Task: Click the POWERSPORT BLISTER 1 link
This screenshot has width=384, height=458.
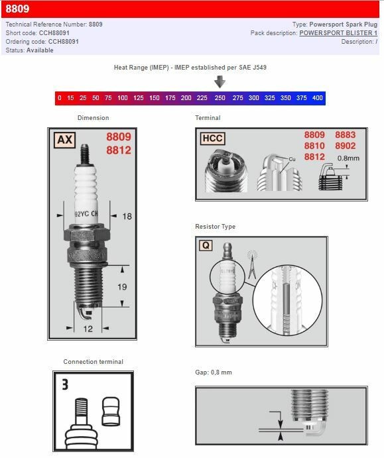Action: [x=338, y=32]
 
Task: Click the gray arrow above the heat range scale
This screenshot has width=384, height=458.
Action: [x=220, y=82]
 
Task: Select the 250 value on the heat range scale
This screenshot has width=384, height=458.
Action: [x=220, y=98]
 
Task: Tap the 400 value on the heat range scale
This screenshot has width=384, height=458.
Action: [x=317, y=98]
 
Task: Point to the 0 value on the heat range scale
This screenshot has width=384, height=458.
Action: [x=60, y=98]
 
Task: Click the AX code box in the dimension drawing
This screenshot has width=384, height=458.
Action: [x=64, y=139]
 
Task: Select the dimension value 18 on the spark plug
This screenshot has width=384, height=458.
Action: [x=127, y=216]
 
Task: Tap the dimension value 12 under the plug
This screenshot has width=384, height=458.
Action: [x=88, y=329]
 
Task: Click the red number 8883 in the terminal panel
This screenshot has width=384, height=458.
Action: [x=345, y=135]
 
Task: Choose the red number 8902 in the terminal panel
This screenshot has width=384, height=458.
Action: [x=345, y=146]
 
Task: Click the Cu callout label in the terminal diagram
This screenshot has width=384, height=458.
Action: [x=292, y=159]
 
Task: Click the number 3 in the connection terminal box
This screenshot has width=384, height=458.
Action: [x=65, y=384]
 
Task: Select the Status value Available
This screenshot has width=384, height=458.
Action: [x=40, y=50]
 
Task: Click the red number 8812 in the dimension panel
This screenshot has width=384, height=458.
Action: [x=119, y=150]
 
